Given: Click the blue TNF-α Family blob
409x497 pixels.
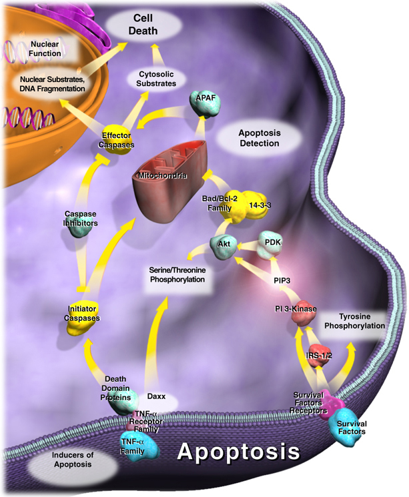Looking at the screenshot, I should pos(138,444).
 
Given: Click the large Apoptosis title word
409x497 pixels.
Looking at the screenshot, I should pos(238,454).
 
